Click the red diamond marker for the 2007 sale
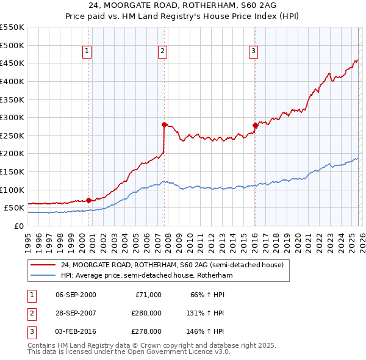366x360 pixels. pyautogui.click(x=164, y=124)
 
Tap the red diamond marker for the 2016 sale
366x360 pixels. pyautogui.click(x=254, y=125)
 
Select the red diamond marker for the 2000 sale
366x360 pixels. pyautogui.click(x=88, y=200)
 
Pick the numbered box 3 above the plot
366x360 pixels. pyautogui.click(x=253, y=52)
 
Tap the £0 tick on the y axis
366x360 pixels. pyautogui.click(x=19, y=226)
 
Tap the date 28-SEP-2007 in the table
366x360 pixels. pyautogui.click(x=76, y=313)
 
